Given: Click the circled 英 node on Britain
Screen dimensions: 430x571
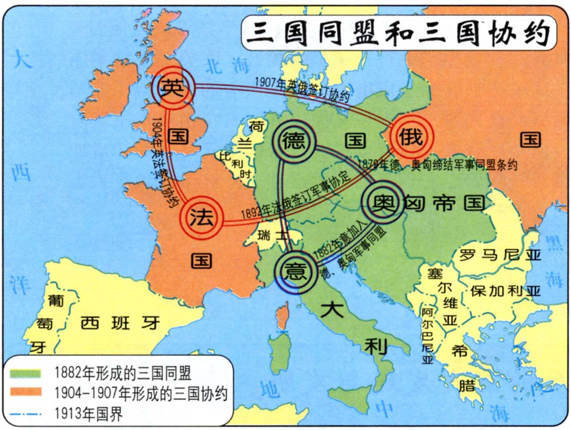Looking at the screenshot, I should tap(173, 87).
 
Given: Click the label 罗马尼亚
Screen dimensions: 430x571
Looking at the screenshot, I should tap(500, 255).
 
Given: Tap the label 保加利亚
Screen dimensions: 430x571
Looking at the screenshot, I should tap(505, 291).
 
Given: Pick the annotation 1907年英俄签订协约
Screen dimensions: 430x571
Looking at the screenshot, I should tap(302, 89).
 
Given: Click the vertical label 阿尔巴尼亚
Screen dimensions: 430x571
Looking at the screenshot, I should tap(427, 336).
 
